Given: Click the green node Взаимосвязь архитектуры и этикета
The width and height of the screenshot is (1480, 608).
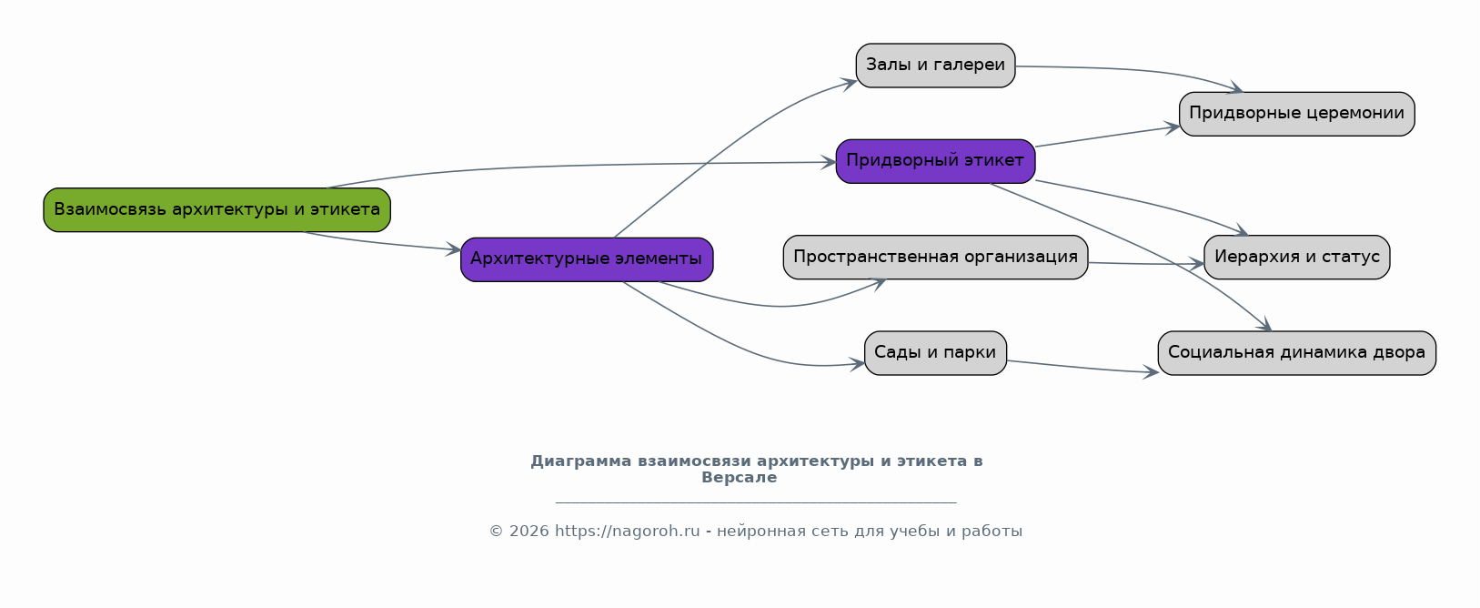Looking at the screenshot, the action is (216, 210).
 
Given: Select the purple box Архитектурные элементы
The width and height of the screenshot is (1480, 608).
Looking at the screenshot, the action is (587, 259).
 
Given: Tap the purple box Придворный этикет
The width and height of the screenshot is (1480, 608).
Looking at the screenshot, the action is (935, 161).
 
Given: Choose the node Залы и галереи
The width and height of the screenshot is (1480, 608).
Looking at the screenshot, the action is (935, 66).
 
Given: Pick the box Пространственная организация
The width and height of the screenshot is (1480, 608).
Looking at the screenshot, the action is (935, 257).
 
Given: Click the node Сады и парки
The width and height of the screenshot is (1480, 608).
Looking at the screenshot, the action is (935, 353).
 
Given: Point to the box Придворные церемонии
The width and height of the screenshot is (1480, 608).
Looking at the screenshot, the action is (1296, 114).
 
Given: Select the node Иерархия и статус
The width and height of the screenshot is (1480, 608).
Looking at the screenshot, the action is (1296, 257).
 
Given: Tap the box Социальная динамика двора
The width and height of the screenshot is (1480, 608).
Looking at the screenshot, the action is (1296, 353).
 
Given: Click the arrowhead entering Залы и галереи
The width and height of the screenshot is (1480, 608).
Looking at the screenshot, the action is (850, 83).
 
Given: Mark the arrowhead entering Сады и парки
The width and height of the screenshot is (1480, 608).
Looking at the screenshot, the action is (858, 364).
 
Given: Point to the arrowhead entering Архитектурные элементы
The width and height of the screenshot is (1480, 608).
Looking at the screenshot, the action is (454, 249).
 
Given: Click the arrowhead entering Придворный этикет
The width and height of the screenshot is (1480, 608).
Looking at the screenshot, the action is (829, 162).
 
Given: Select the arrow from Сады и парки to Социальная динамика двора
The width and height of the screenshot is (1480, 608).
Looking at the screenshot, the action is (1082, 368).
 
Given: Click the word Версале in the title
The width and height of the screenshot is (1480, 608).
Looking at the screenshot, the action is (739, 478).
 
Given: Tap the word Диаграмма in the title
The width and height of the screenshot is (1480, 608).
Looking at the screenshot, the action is (580, 461).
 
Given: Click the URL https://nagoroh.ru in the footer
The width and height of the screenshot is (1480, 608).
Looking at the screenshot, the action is (627, 532).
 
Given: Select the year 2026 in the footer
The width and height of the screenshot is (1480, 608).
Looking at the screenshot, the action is (529, 532).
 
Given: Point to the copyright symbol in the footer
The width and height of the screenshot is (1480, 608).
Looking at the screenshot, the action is (496, 532).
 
